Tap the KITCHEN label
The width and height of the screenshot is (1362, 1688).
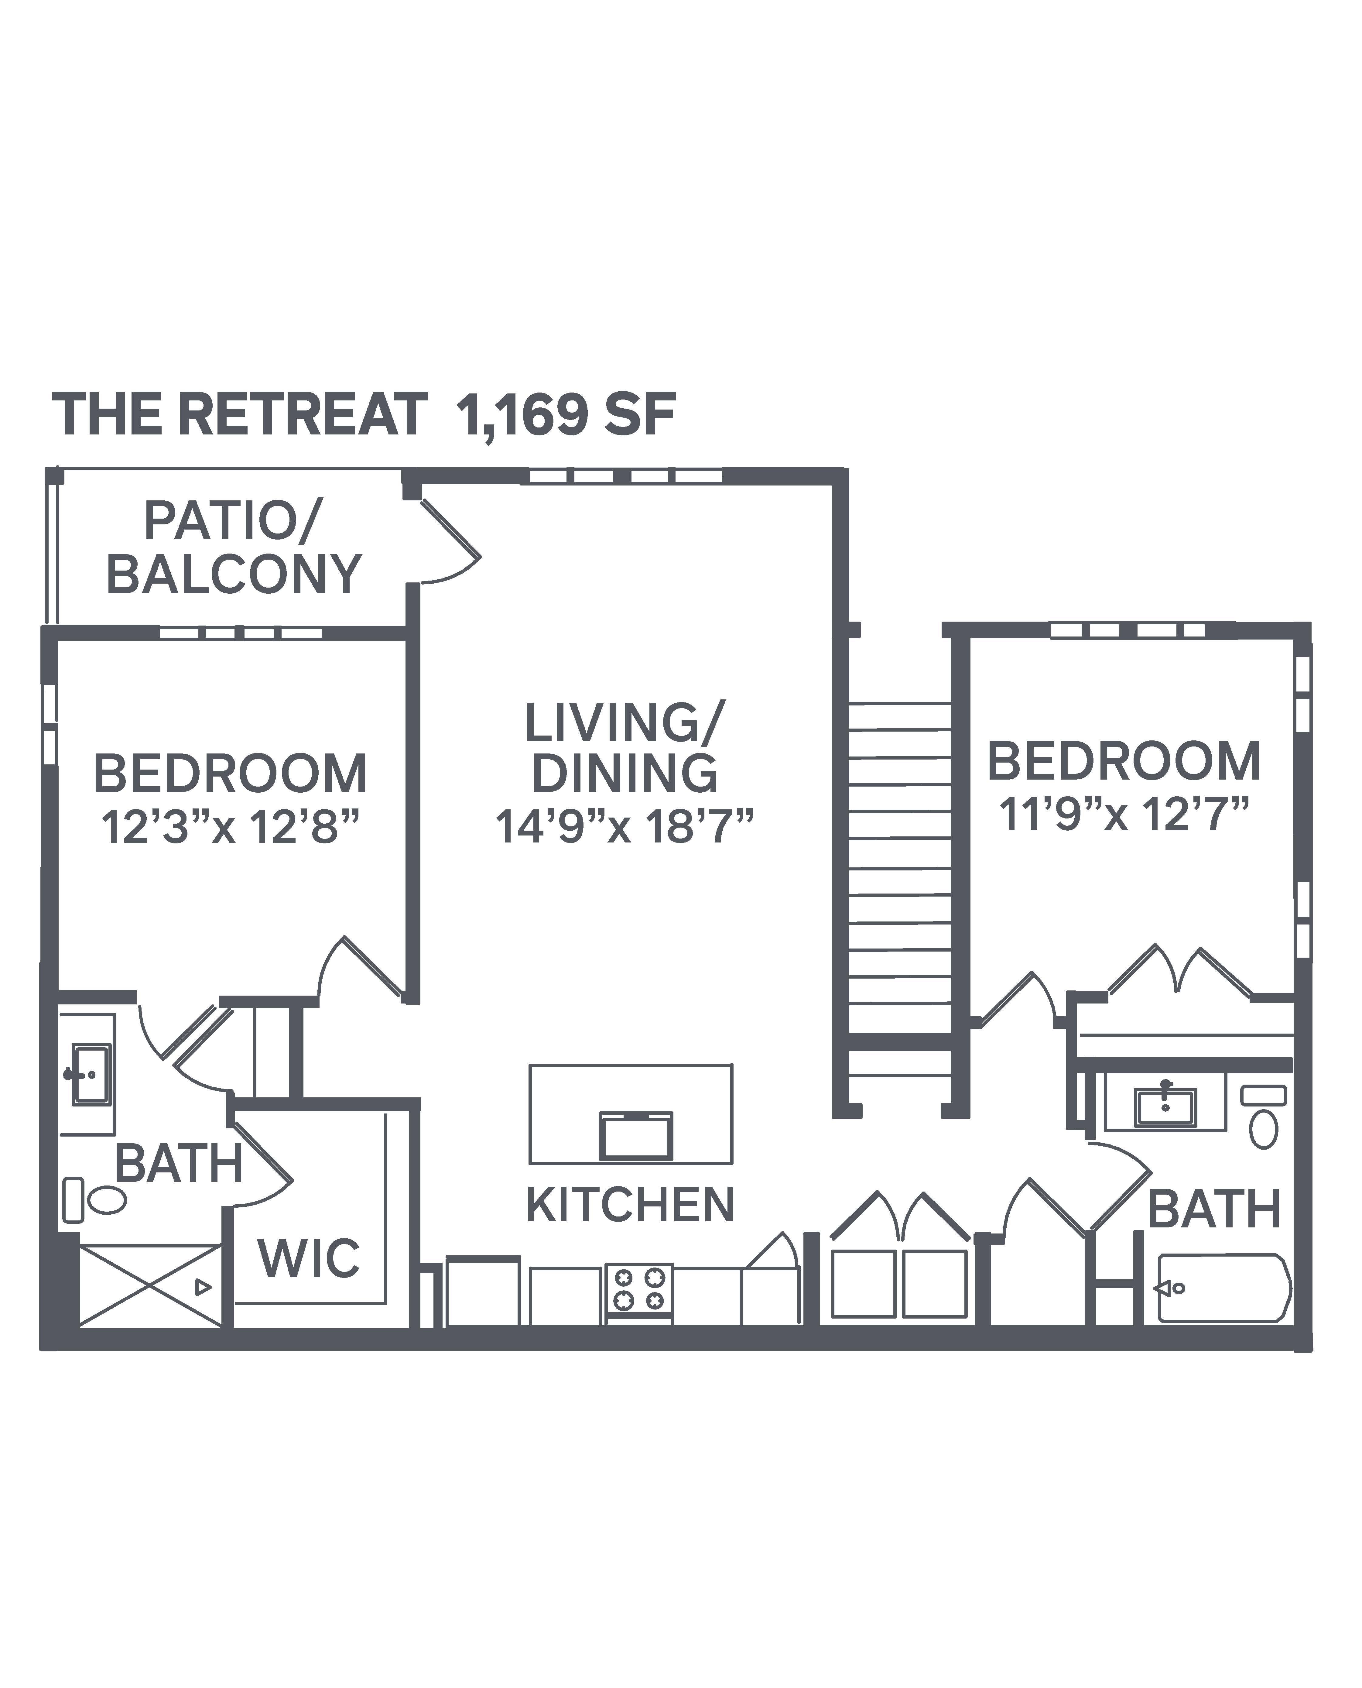(630, 1205)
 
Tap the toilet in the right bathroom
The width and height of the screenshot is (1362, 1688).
(1263, 1117)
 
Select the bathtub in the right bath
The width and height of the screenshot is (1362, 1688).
(1224, 1288)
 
